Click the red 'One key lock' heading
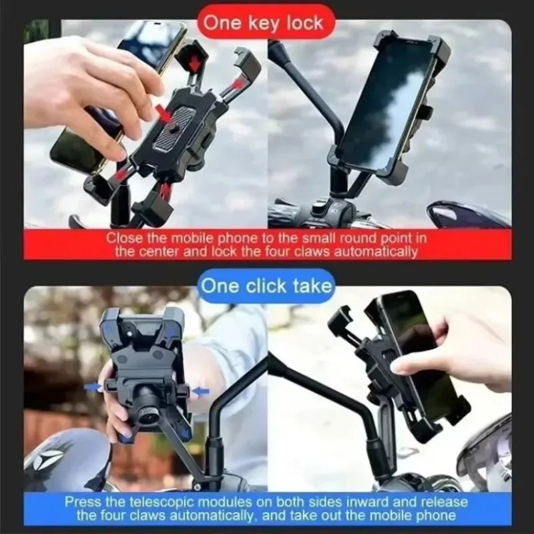point(263,23)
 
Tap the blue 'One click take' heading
point(266,286)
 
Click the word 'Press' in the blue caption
point(82,501)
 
